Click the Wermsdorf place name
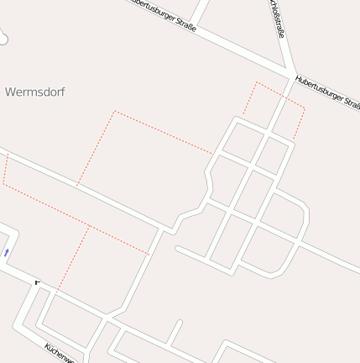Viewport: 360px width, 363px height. click(x=35, y=91)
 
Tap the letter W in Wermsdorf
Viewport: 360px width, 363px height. click(x=10, y=91)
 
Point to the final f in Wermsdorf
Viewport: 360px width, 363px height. click(x=63, y=91)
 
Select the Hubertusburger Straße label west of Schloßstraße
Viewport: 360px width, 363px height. click(x=163, y=15)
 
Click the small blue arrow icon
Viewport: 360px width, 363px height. click(x=7, y=252)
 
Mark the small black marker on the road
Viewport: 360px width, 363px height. click(x=36, y=281)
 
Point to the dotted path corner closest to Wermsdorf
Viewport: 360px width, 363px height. click(x=114, y=111)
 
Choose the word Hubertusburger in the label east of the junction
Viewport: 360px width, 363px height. click(x=320, y=89)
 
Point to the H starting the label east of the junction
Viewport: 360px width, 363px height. click(x=298, y=79)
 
